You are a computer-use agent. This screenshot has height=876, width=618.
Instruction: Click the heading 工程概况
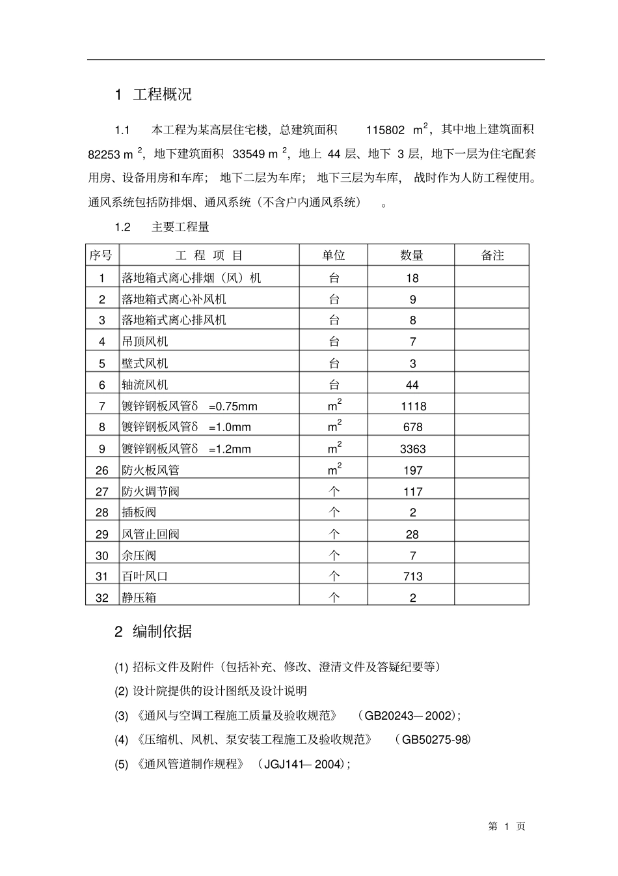tap(162, 94)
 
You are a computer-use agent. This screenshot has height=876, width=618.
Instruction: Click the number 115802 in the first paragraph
tap(385, 130)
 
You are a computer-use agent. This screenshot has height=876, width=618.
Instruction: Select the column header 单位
tap(334, 255)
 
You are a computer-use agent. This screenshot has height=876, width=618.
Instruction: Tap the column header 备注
tap(492, 255)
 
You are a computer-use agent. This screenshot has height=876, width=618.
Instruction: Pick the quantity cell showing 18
tap(412, 278)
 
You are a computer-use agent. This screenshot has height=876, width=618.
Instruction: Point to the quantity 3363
tap(412, 449)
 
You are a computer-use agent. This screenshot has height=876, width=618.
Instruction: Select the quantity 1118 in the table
tap(412, 406)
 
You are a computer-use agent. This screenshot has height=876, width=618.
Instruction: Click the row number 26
tap(102, 470)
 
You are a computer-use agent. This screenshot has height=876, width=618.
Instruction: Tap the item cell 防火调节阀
tap(150, 492)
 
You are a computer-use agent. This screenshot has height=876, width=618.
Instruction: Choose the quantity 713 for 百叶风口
tap(412, 576)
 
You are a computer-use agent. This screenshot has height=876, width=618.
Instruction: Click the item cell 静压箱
tap(139, 597)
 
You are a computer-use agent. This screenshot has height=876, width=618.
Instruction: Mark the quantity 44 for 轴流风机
tap(412, 385)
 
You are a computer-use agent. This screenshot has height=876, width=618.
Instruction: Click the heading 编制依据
tap(162, 631)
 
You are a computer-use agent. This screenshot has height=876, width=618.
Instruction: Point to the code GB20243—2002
tap(408, 716)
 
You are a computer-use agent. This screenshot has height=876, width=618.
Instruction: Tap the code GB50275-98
tap(434, 740)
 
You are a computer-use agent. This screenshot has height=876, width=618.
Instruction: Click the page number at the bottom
tap(507, 826)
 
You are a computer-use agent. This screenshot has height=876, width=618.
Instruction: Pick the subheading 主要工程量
tap(180, 227)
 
